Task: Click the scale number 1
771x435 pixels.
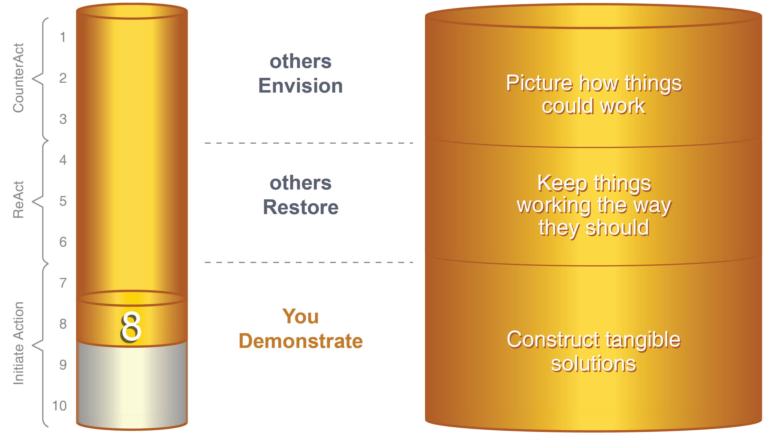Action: point(63,37)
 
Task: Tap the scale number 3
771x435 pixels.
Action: point(63,119)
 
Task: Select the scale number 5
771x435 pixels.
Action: point(63,201)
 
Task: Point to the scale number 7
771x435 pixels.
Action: point(63,283)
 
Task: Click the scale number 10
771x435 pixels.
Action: point(59,406)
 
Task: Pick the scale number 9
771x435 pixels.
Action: point(63,365)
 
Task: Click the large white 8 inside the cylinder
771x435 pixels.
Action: point(131,327)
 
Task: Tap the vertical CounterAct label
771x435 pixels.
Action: point(18,78)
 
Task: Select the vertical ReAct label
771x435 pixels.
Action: point(18,200)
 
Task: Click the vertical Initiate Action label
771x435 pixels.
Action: point(18,343)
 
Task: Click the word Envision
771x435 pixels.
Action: point(301,85)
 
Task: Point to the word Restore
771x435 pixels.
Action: point(301,207)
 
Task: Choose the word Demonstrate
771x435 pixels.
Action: point(301,341)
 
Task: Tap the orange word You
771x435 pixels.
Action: point(301,316)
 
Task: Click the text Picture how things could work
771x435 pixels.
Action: point(594,94)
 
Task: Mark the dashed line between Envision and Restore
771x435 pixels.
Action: point(309,143)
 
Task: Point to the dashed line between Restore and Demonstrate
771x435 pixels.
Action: point(309,262)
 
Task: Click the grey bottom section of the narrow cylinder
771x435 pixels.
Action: point(132,386)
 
